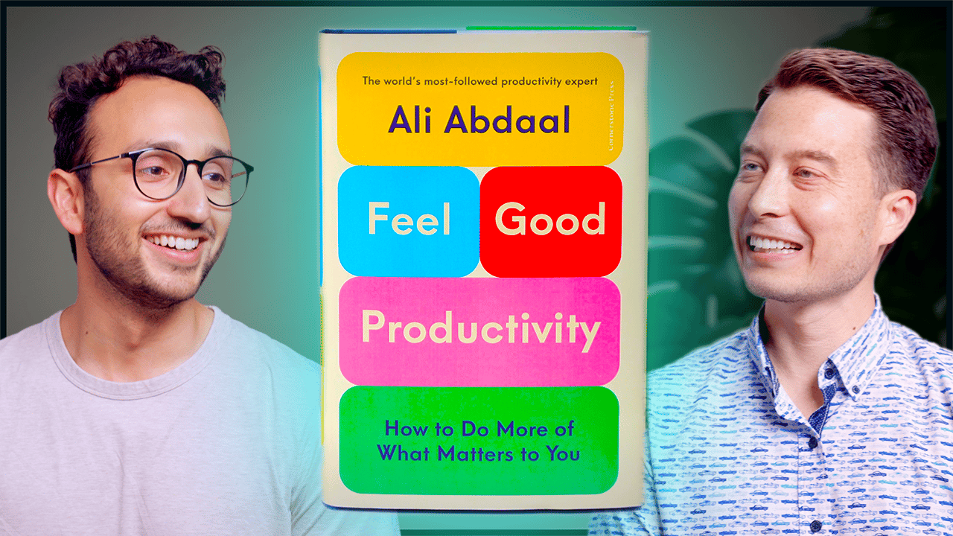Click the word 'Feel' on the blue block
coord(409,219)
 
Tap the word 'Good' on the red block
coord(550,219)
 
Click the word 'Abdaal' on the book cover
coord(507,121)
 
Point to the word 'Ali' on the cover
coord(410,120)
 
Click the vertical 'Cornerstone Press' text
coord(611,115)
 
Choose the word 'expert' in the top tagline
coord(581,82)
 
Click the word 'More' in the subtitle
coord(524,429)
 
